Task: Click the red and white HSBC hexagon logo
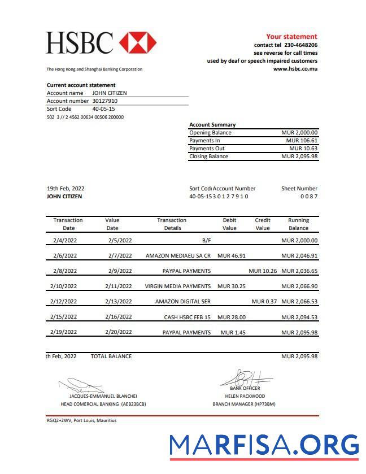138,43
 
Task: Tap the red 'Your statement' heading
291,36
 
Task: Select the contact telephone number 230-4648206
300,45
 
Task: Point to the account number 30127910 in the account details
105,101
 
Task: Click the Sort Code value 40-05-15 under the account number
103,108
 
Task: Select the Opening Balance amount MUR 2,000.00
299,132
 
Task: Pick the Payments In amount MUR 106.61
302,140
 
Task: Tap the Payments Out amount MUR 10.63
303,148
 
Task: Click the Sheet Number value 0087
308,196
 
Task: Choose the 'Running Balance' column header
298,224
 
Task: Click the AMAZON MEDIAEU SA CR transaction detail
178,255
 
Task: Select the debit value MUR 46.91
232,255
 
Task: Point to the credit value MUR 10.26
263,271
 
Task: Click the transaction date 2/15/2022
63,317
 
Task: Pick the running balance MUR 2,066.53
299,302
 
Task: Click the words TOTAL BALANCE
111,356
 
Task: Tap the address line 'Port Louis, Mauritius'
94,420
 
